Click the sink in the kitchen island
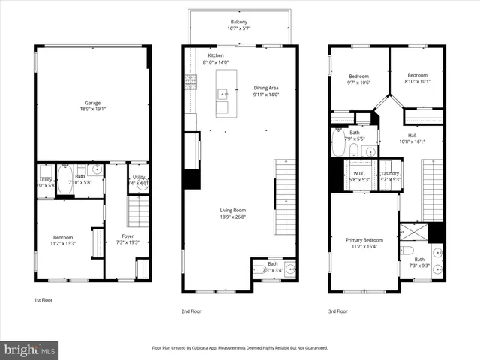click(x=223, y=94)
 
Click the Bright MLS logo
click(x=30, y=350)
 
